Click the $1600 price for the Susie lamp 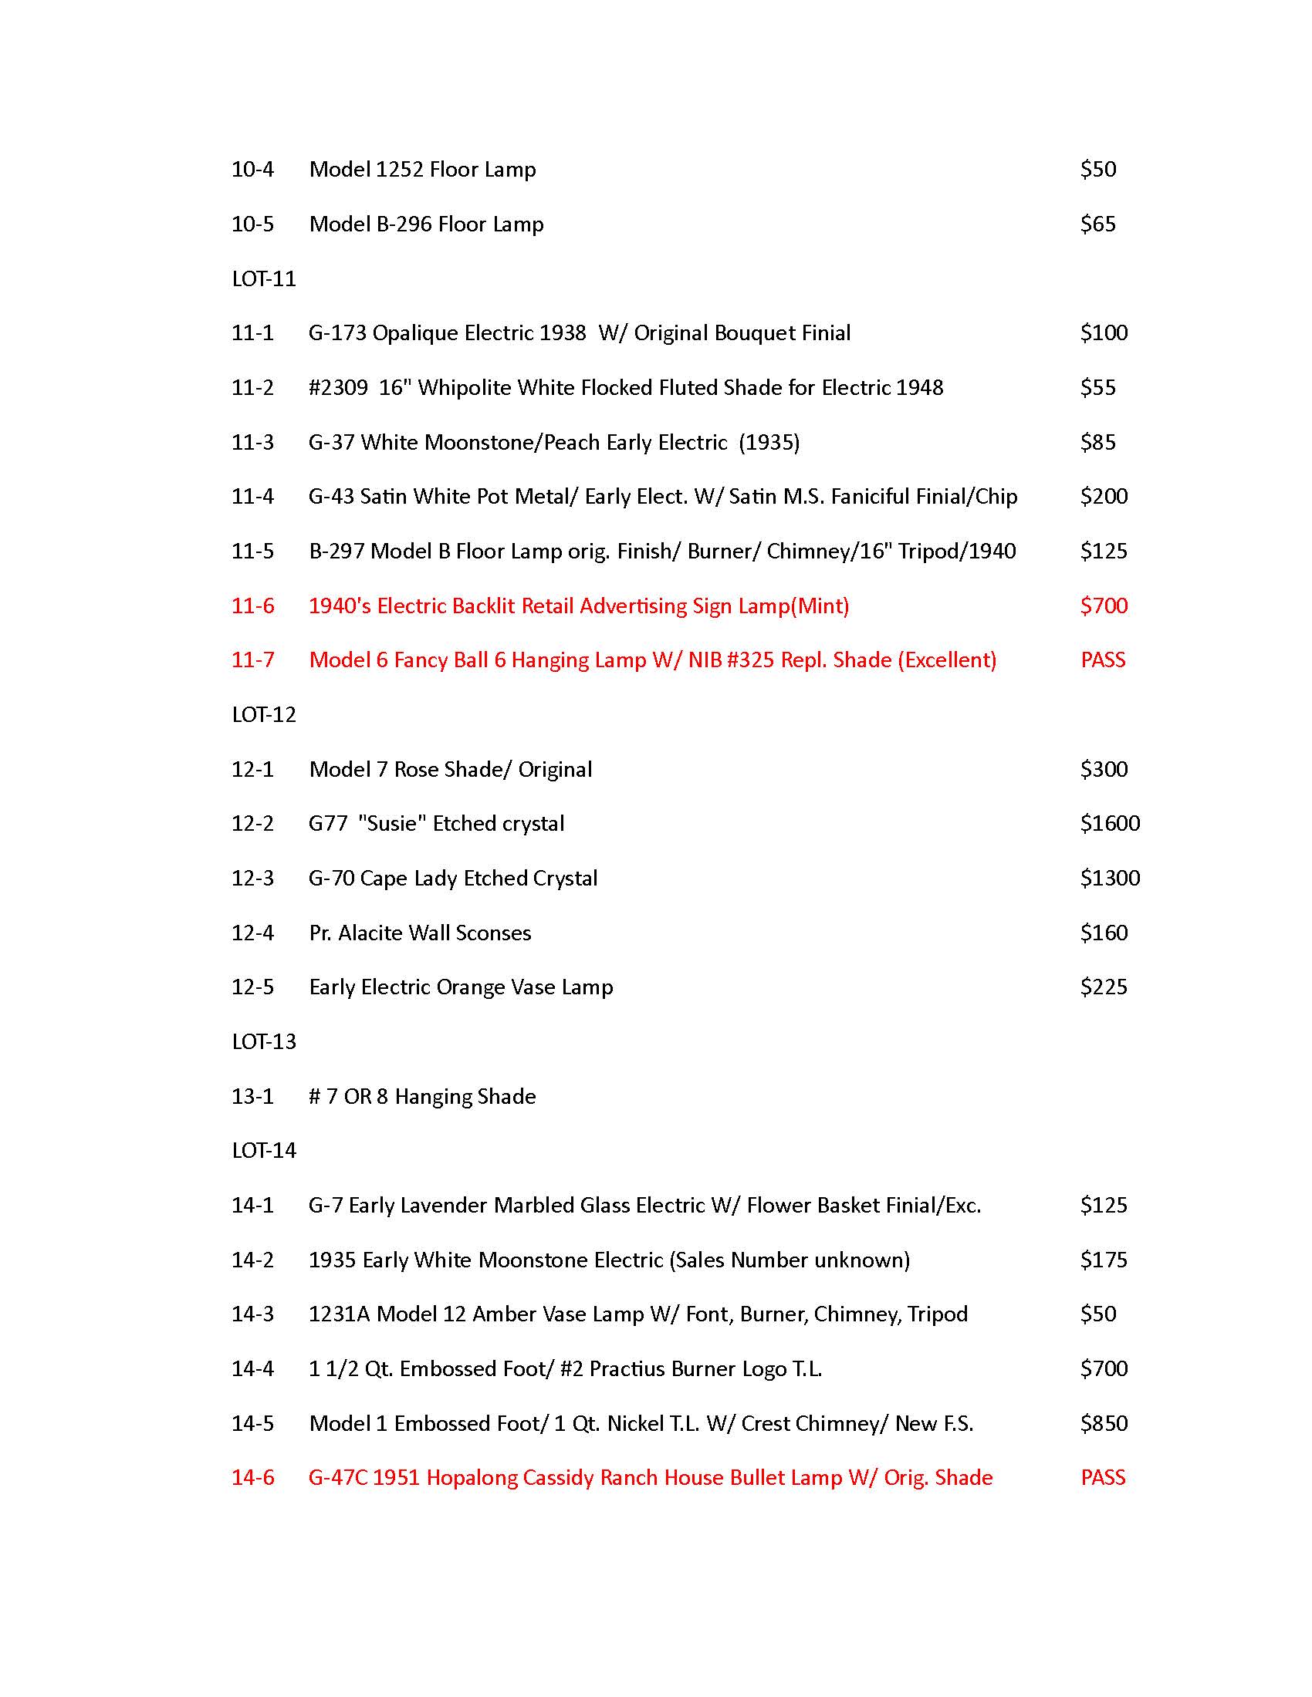tap(1109, 824)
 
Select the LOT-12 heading tap(263, 715)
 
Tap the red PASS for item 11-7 tap(1103, 660)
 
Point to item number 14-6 tap(252, 1477)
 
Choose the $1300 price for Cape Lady tap(1109, 878)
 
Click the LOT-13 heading tap(263, 1042)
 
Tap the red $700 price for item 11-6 tap(1103, 606)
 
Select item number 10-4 tap(252, 170)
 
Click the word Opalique tap(414, 333)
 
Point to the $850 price tap(1103, 1423)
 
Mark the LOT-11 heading tap(263, 279)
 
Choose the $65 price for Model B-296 tap(1097, 224)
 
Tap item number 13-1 tap(252, 1096)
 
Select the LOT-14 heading tap(263, 1151)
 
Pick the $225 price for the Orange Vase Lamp tap(1103, 987)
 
